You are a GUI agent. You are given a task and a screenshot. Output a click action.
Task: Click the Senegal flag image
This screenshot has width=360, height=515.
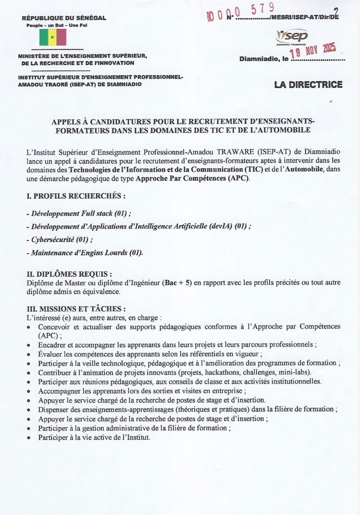[53, 37]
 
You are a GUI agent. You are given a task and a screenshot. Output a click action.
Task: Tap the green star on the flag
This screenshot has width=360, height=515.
[52, 37]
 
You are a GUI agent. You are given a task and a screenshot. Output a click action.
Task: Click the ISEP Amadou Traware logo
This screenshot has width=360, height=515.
[292, 37]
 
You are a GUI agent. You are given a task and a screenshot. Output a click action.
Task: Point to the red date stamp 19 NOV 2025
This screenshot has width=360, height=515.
[312, 50]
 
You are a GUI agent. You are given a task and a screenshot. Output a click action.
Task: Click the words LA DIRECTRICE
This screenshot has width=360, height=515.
[308, 85]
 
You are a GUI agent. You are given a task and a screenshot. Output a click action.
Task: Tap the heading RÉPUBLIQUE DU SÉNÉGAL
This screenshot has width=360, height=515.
[64, 18]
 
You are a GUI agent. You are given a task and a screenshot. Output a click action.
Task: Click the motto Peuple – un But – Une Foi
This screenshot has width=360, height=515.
[57, 25]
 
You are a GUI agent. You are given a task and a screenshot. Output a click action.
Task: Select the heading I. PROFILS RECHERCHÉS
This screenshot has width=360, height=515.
[76, 196]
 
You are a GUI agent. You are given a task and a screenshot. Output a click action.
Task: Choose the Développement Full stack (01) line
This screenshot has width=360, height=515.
[79, 214]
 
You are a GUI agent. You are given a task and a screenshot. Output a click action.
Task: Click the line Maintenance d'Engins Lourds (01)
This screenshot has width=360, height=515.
[85, 253]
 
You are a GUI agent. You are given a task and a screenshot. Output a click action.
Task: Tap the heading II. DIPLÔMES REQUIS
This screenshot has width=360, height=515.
[69, 274]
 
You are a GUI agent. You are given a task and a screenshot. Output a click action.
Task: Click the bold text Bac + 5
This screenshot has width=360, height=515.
[178, 283]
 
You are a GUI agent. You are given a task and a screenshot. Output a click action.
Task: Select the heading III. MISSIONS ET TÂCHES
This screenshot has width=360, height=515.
[76, 309]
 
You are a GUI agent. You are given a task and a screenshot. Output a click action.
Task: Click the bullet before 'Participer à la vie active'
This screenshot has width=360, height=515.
[29, 438]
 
